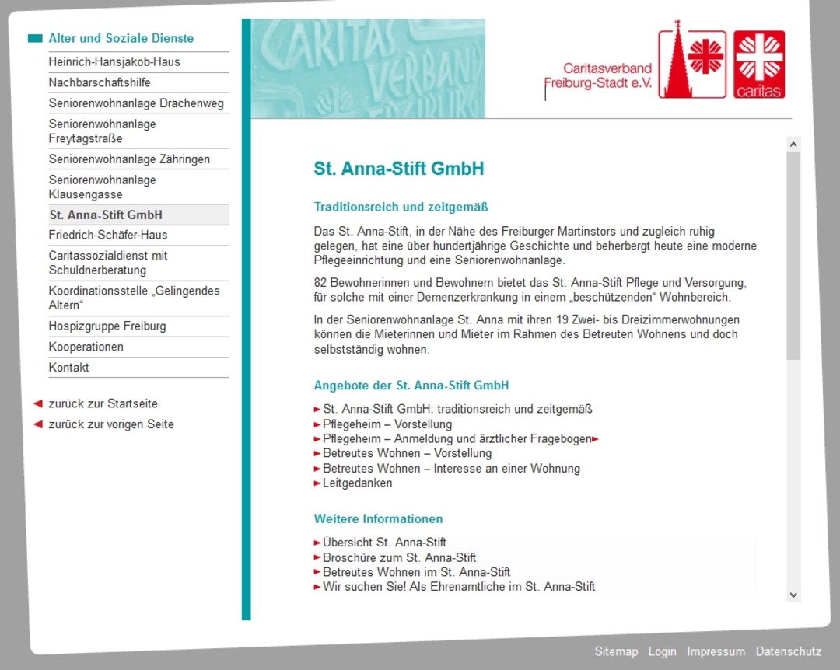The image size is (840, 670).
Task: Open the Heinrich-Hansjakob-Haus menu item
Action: (114, 62)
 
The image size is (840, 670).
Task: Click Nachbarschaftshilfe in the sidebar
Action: (100, 82)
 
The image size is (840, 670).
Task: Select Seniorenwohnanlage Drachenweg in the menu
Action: (136, 103)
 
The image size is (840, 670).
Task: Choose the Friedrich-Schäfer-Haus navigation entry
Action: (108, 235)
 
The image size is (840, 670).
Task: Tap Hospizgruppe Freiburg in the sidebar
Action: (107, 326)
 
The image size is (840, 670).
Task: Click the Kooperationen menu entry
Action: (86, 347)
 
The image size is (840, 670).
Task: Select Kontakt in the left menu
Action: (68, 367)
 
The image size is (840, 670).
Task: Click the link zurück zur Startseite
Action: (103, 403)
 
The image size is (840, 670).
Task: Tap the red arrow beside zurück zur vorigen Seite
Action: (37, 424)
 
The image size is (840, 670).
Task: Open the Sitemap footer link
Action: (615, 651)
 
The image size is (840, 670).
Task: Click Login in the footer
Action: (662, 651)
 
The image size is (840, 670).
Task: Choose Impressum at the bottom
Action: (716, 651)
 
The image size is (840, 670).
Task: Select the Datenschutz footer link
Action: (788, 651)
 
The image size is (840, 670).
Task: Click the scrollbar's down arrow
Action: (793, 595)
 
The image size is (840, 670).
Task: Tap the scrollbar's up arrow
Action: (793, 144)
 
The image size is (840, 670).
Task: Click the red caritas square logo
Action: (759, 65)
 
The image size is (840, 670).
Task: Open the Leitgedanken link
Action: (357, 483)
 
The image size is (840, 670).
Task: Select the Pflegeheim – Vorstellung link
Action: (387, 424)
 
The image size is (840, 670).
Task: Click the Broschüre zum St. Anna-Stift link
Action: (399, 557)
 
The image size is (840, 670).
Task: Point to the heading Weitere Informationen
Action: (378, 518)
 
